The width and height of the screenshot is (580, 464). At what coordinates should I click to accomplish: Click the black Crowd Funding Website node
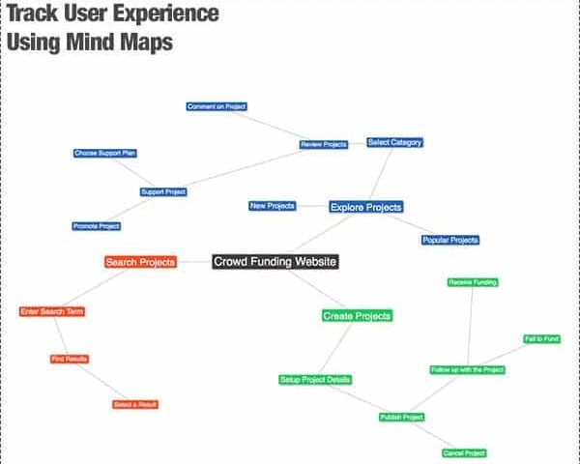click(275, 262)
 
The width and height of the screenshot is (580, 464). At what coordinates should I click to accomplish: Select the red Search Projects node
click(140, 262)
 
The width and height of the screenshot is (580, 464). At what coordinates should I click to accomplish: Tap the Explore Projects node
click(365, 207)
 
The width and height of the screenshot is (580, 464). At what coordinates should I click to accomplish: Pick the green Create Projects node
click(357, 316)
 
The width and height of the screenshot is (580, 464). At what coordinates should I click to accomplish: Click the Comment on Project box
click(217, 106)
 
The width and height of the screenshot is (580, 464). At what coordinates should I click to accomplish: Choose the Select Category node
click(394, 142)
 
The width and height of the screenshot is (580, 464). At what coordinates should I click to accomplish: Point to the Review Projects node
click(324, 144)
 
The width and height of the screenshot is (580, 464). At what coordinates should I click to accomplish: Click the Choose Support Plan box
click(105, 153)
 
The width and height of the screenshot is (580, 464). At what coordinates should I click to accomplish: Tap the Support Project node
click(163, 191)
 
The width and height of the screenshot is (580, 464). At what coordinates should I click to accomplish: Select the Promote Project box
click(96, 226)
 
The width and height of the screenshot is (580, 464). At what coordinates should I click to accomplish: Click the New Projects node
click(273, 206)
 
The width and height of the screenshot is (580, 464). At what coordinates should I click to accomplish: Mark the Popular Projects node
click(450, 240)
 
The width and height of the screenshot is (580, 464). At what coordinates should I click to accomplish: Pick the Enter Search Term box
click(52, 311)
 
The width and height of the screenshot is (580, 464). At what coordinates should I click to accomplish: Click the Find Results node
click(70, 359)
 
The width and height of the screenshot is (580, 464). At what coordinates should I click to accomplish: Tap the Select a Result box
click(135, 404)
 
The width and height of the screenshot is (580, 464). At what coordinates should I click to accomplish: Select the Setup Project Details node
click(315, 380)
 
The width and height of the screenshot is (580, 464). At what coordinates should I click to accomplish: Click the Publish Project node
click(402, 417)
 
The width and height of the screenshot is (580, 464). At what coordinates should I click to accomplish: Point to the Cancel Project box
click(464, 453)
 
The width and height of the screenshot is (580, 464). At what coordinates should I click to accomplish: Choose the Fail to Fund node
click(542, 339)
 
